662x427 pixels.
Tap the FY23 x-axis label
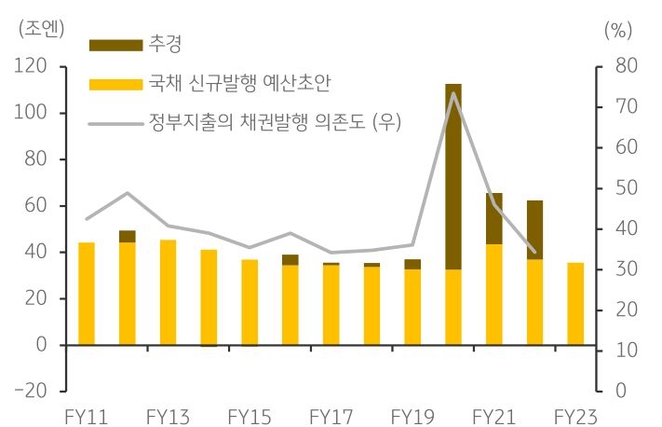point(574,414)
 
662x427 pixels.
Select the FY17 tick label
point(331,414)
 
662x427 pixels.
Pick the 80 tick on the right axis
point(621,67)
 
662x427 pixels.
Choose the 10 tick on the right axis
point(621,351)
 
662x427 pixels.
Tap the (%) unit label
point(617,28)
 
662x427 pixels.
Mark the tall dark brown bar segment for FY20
point(453,177)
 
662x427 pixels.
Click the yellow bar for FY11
point(87,294)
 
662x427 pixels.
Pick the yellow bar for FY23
point(575,304)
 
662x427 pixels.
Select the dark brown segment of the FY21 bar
point(493,219)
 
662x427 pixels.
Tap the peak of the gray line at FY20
point(453,93)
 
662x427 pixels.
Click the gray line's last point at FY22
point(534,252)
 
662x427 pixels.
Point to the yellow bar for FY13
point(168,293)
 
